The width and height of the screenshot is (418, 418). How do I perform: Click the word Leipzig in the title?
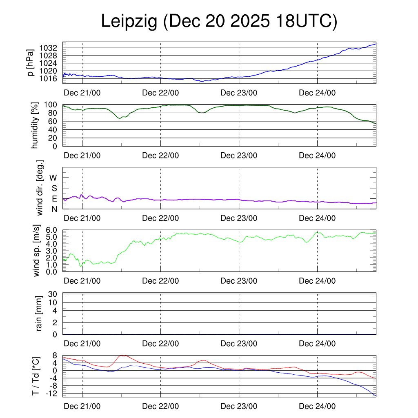click(129, 22)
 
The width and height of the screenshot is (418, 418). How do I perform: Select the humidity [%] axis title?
click(35, 125)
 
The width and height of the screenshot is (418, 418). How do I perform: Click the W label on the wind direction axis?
click(53, 178)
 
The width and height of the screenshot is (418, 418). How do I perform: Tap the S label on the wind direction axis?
click(54, 188)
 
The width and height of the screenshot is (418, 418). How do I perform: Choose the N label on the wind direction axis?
click(54, 209)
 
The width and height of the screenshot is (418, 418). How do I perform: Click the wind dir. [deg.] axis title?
click(40, 188)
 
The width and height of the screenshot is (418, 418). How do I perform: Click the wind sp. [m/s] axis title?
click(37, 251)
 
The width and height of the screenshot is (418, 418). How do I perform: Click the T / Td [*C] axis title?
click(36, 376)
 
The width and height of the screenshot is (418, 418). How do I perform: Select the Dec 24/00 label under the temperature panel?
click(317, 407)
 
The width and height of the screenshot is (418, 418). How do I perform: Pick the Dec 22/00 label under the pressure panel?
click(160, 93)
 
